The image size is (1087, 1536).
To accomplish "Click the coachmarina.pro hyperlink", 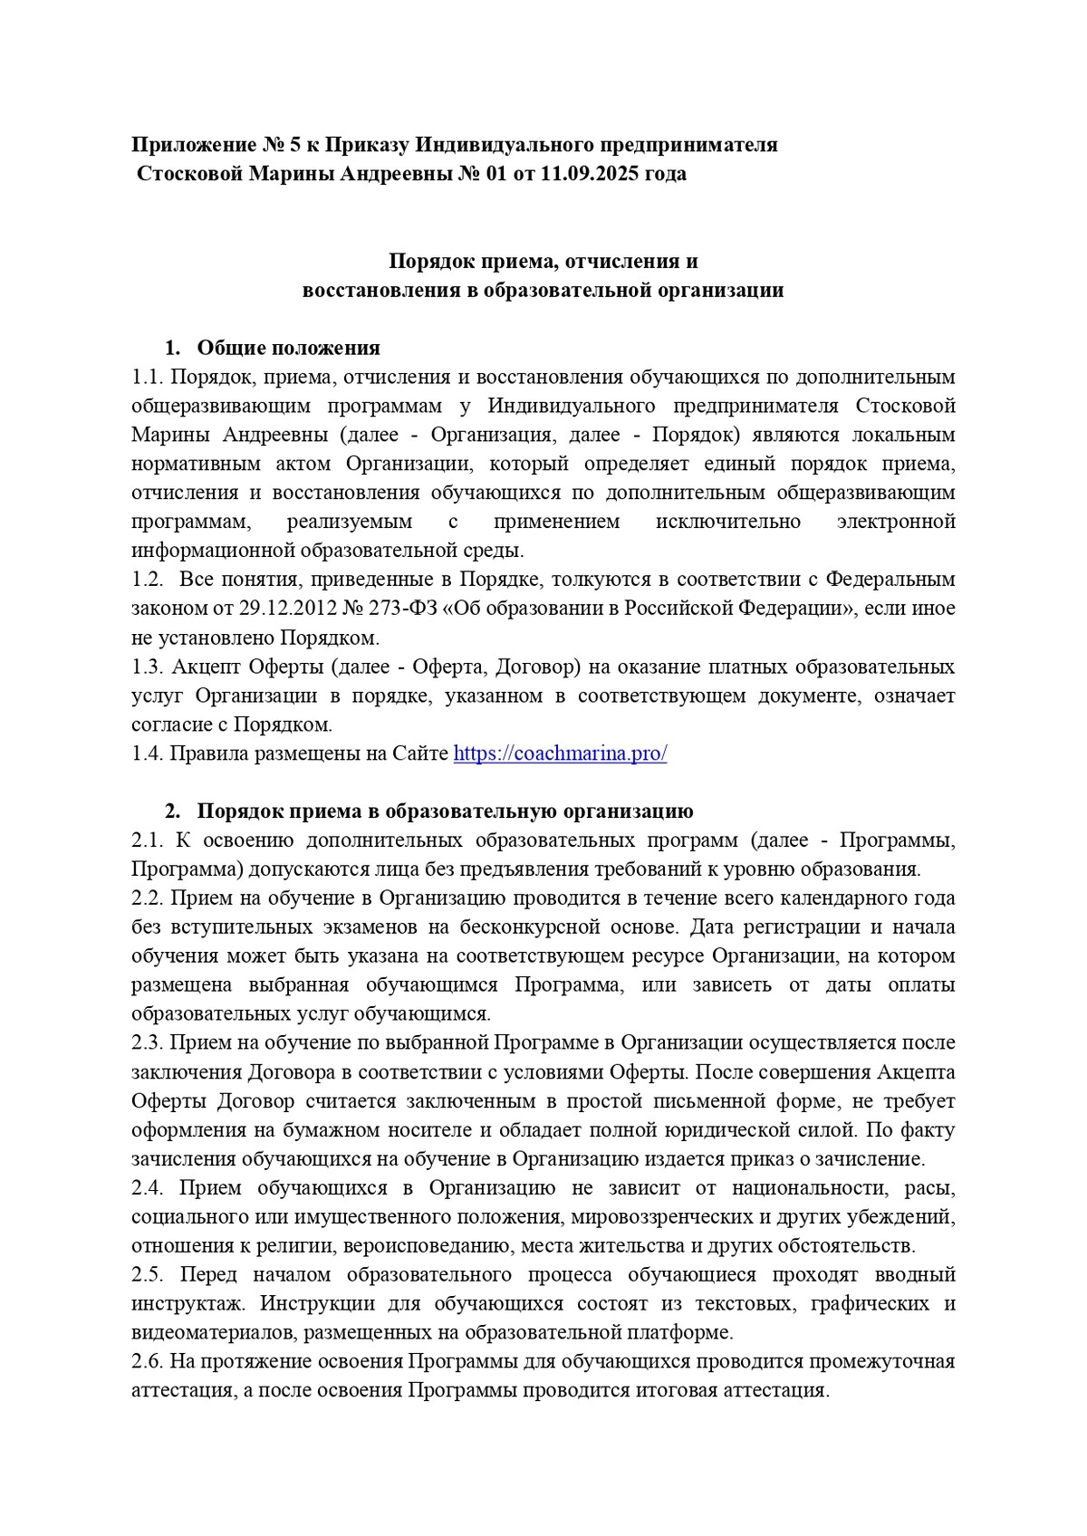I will tap(560, 754).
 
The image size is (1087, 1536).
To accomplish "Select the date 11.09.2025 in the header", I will tap(589, 174).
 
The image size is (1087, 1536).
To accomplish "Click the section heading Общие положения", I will tap(288, 348).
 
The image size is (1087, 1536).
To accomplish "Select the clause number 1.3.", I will tap(147, 667).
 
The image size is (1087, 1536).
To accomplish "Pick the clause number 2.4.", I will tap(147, 1188).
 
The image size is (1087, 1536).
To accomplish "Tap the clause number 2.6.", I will tap(147, 1362).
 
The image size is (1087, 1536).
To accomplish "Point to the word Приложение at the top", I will tap(191, 145).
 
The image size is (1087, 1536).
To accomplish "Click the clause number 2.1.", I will tap(147, 840).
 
